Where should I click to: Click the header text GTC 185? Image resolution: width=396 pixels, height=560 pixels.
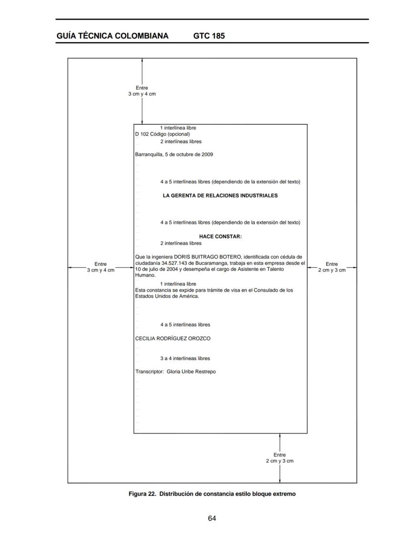pos(209,36)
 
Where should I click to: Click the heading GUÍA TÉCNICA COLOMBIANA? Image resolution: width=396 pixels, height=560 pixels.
pos(112,36)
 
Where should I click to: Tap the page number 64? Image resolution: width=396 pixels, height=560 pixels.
pos(212,518)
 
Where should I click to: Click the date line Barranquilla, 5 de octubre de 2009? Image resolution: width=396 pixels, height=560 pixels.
pos(174,154)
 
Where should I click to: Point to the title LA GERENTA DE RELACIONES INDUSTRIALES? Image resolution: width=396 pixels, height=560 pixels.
pos(220,196)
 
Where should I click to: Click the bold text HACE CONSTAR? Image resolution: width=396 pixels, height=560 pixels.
pos(220,236)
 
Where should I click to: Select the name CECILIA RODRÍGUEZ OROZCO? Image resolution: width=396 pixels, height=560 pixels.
pos(173,339)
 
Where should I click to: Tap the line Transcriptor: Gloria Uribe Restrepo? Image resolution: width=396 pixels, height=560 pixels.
pos(176,372)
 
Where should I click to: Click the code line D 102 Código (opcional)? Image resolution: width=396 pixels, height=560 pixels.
pos(162,134)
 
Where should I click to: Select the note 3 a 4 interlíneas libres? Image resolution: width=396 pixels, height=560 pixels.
pos(185,358)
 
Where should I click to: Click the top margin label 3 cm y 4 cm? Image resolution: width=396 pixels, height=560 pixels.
pos(142,94)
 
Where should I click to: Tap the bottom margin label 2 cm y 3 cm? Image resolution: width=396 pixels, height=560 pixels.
pos(280,461)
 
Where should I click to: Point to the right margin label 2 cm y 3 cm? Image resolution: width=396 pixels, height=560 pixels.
pos(332,270)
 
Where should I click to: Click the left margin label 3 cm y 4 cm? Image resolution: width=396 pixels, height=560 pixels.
pos(100,270)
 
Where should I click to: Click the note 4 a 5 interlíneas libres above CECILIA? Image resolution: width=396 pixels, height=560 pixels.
pos(185,325)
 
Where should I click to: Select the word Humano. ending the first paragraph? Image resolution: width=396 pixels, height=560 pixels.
pos(145,275)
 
